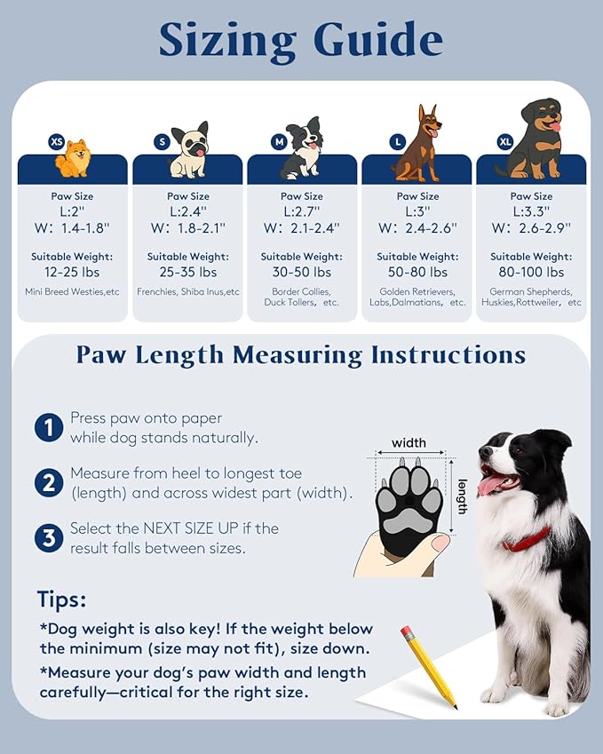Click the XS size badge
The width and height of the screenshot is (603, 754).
57,141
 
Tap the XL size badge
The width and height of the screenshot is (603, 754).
505,141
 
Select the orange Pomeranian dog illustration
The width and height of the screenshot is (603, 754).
74,159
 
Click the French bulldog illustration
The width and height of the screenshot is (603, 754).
189,150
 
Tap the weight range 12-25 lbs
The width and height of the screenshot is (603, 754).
72,272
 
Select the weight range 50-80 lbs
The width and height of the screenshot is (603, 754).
417,272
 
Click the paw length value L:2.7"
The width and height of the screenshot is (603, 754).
302,211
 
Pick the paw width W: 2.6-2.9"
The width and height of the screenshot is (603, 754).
531,227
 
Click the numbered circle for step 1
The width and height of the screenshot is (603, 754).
48,428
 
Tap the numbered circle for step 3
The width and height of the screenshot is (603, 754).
48,538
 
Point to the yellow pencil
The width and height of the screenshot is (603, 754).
428,666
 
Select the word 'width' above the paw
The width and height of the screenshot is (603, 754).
409,442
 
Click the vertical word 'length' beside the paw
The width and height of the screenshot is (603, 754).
462,497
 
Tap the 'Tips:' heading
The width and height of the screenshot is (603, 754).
61,599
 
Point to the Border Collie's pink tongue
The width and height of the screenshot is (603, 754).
491,485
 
